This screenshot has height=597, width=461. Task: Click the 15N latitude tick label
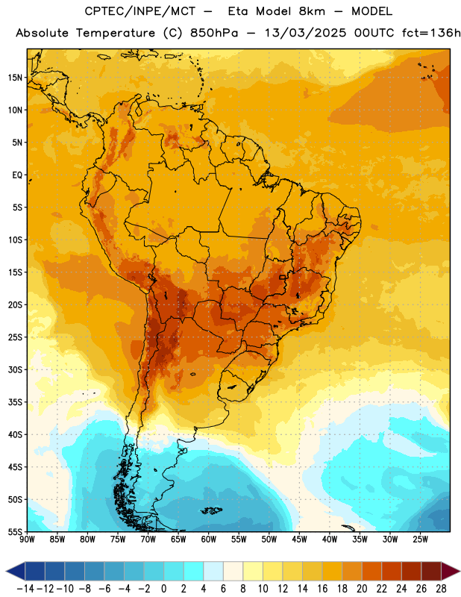tap(15, 78)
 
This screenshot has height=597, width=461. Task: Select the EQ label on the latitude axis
tap(17, 175)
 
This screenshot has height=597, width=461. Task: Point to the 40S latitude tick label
tap(15, 434)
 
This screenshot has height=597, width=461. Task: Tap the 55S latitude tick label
tap(15, 531)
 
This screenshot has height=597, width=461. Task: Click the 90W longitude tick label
tap(27, 540)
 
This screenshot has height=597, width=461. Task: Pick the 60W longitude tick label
tap(209, 540)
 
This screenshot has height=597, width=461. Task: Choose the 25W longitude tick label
tap(420, 540)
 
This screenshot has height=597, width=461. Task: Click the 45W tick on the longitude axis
tap(300, 540)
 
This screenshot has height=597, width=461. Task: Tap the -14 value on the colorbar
tap(25, 589)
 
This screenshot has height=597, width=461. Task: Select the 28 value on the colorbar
tap(441, 589)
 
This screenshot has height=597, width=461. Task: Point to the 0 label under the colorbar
tap(164, 589)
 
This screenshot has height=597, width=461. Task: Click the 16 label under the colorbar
tap(322, 589)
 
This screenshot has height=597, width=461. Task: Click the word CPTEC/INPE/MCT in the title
tap(140, 11)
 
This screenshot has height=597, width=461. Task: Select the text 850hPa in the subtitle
tap(214, 33)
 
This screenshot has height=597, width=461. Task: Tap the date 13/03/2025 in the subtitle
tap(306, 33)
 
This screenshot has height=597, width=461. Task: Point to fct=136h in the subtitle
tap(431, 33)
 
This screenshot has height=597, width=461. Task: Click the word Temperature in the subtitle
tap(116, 33)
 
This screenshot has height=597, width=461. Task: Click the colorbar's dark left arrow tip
tap(7, 572)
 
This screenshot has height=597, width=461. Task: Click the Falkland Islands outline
tap(211, 510)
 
